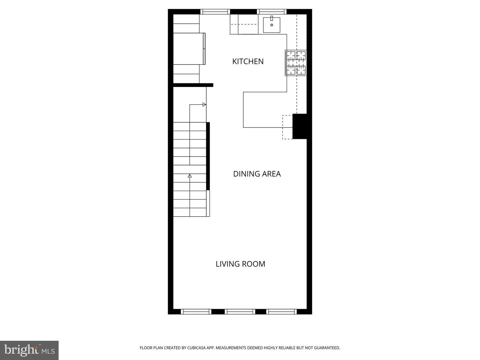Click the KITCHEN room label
click(x=248, y=61)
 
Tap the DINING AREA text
click(x=257, y=174)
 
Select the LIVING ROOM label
click(x=240, y=264)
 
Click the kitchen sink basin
click(x=272, y=25)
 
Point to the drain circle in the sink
click(x=272, y=25)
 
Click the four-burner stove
click(x=296, y=63)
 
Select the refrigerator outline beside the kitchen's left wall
click(x=189, y=49)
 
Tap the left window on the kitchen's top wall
click(x=215, y=12)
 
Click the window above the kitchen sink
click(x=272, y=12)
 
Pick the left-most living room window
click(x=196, y=312)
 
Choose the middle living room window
click(x=240, y=312)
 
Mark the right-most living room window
click(x=282, y=312)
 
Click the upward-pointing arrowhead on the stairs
click(x=190, y=176)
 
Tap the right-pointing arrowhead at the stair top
click(x=204, y=105)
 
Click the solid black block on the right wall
click(x=300, y=126)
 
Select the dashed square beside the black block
click(x=287, y=127)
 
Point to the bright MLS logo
click(x=29, y=350)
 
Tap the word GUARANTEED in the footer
click(x=327, y=348)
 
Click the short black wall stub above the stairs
click(x=193, y=85)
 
